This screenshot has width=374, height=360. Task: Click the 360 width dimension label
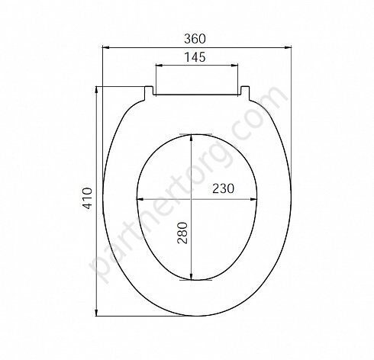point(195,39)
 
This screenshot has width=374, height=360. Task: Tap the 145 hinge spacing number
point(195,57)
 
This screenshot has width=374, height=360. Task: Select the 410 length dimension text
point(87,198)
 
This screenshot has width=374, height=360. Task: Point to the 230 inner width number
point(223,188)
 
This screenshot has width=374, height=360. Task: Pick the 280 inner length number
point(182,233)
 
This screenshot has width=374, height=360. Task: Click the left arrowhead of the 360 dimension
point(105,47)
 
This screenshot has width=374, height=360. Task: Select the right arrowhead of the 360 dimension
point(288,47)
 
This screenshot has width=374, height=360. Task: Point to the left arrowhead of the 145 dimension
point(159,66)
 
